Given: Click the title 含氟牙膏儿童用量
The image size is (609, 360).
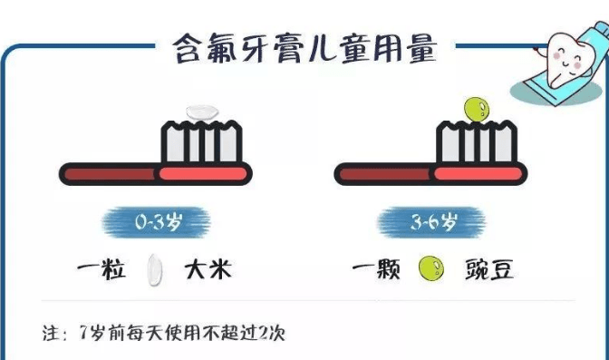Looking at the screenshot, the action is click(305, 47).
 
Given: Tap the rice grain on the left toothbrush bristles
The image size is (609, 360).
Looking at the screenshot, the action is click(202, 113).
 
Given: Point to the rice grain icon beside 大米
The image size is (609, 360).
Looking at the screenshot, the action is click(153, 270).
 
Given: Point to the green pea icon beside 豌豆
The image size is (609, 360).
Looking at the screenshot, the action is click(430, 269).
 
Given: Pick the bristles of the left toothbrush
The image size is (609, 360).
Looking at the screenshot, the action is click(201, 141).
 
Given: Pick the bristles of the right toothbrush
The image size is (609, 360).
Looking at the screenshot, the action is click(477, 141).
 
